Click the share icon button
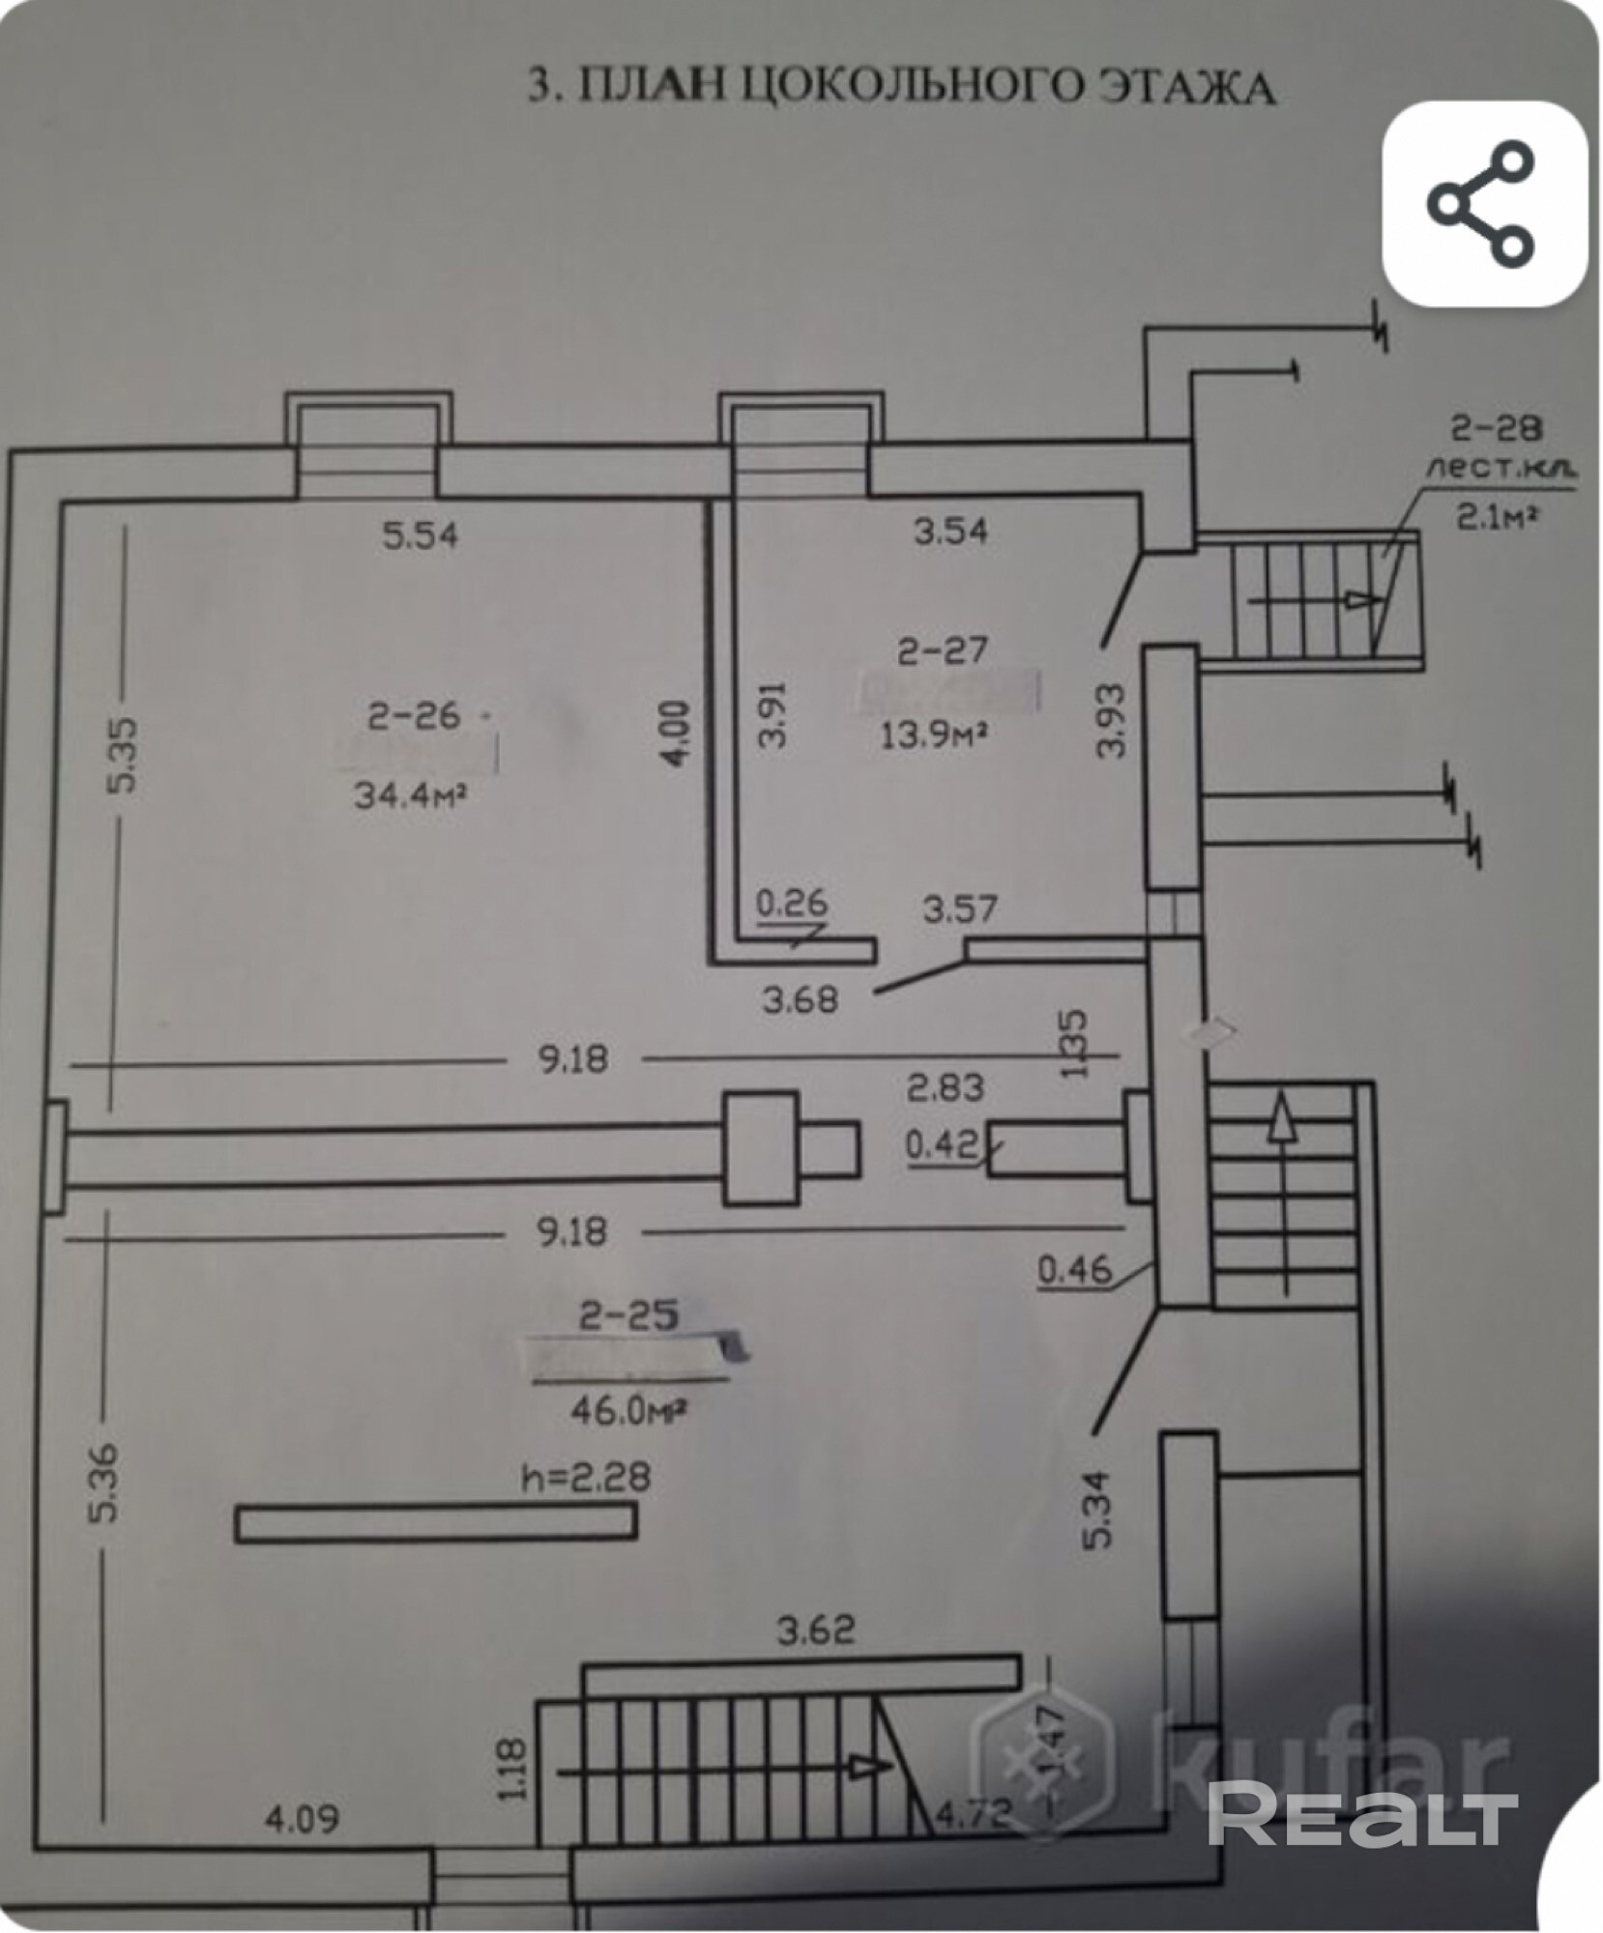pos(1482,204)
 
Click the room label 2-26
pos(414,716)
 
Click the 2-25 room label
pos(629,1314)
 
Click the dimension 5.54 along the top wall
pos(420,534)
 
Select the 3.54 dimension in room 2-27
pos(951,531)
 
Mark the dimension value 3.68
pos(800,999)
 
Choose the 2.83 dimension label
pos(946,1088)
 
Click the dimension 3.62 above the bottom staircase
pos(817,1630)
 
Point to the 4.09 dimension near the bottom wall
pos(304,1819)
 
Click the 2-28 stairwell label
pos(1498,426)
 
